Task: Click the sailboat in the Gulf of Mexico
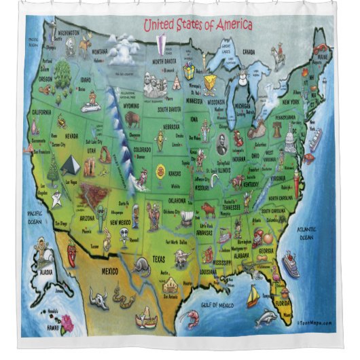tap(252, 295)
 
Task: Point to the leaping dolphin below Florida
tap(266, 317)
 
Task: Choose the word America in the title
tap(215, 26)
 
